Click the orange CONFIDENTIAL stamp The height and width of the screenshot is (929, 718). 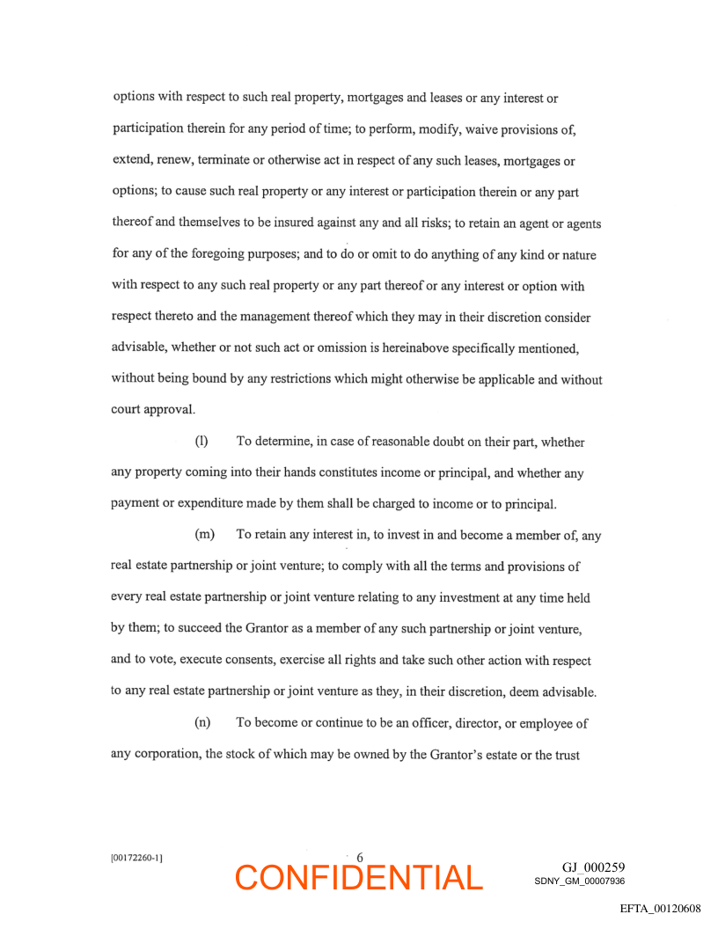pyautogui.click(x=359, y=877)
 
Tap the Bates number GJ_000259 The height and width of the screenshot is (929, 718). pyautogui.click(x=593, y=867)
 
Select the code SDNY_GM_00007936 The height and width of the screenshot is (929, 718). pyautogui.click(x=579, y=881)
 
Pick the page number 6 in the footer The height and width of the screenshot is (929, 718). pyautogui.click(x=360, y=858)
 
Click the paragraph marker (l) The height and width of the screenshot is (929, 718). pyautogui.click(x=201, y=442)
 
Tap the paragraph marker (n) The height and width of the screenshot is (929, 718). pyautogui.click(x=202, y=723)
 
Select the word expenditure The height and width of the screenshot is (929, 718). pyautogui.click(x=212, y=504)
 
